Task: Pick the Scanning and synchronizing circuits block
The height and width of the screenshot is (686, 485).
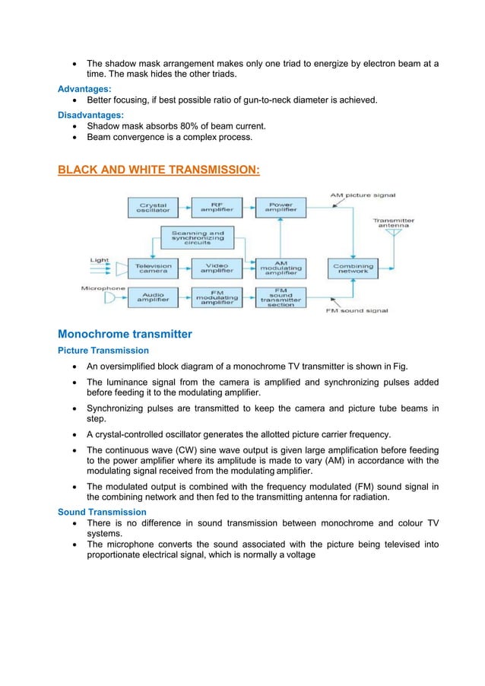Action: click(x=197, y=237)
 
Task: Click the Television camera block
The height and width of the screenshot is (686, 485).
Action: click(x=154, y=268)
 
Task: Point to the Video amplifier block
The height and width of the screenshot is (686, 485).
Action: click(x=216, y=268)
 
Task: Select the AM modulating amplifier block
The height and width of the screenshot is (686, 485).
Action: click(x=279, y=268)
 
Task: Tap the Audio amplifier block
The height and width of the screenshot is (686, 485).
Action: click(x=154, y=297)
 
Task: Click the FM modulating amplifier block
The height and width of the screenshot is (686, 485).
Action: click(x=216, y=297)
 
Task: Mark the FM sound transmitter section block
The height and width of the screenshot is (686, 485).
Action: click(x=279, y=297)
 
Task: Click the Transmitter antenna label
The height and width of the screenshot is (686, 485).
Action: click(x=393, y=224)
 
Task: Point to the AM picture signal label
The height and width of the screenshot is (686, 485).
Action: click(x=363, y=195)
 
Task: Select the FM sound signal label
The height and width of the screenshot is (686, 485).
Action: click(x=357, y=311)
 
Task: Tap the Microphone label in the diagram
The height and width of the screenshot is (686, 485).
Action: click(x=103, y=288)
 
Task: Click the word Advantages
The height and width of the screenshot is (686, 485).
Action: click(x=84, y=89)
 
